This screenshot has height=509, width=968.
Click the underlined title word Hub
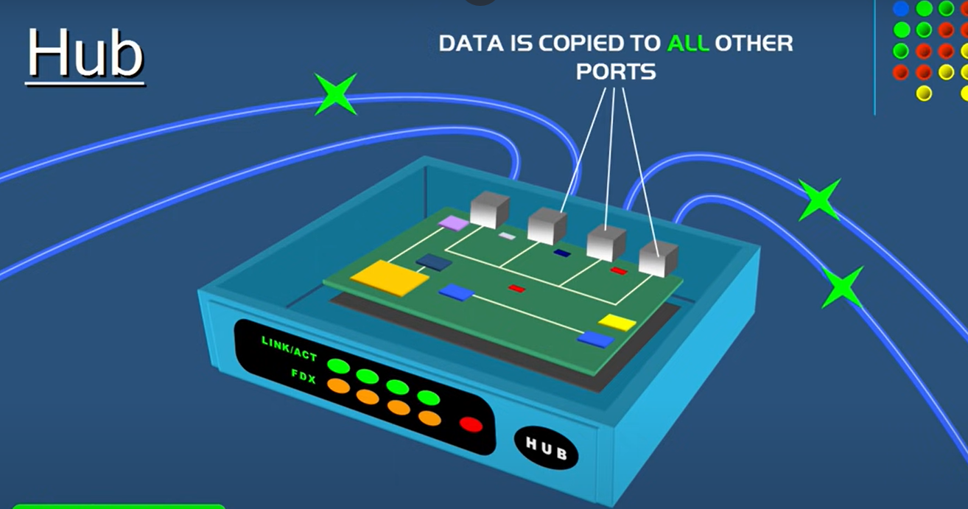(x=85, y=55)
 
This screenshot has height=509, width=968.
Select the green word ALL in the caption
(x=688, y=43)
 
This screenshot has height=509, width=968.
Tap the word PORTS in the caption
(x=616, y=72)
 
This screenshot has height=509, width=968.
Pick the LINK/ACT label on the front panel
(x=289, y=349)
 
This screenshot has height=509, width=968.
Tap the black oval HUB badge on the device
(x=546, y=447)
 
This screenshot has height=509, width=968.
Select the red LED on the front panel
(x=471, y=424)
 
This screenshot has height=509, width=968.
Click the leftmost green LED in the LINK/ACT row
(x=338, y=365)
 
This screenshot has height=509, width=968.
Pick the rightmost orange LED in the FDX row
(x=429, y=418)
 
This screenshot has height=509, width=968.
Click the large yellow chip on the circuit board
(x=390, y=278)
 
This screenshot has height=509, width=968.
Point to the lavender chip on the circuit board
(x=452, y=222)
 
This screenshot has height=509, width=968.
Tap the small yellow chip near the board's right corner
(x=617, y=322)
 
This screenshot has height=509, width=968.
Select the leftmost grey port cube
(x=490, y=209)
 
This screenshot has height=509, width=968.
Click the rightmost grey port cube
(x=658, y=258)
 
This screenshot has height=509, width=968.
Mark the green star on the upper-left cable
(x=335, y=94)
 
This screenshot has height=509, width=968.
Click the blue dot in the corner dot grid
(x=901, y=9)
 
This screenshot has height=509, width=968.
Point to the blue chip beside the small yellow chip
(x=595, y=339)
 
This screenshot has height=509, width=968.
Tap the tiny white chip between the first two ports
(x=507, y=236)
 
